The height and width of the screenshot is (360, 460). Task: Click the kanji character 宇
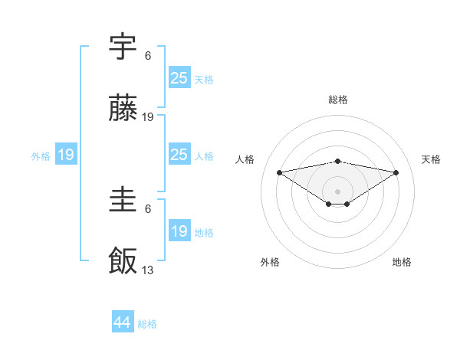pos(123,47)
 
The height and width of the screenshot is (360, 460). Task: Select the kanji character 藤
pos(123,110)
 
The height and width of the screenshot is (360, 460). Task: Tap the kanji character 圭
pos(123,201)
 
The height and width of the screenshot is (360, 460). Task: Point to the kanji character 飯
pos(123,261)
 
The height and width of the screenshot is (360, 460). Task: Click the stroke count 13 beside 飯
pos(148,270)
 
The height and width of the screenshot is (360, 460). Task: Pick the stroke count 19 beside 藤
pos(148,117)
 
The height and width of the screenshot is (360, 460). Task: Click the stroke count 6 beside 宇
pos(148,55)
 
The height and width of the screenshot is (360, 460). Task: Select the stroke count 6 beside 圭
pos(148,208)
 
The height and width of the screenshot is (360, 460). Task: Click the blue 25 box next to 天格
pos(179,78)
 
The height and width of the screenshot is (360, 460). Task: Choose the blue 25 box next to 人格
pos(179,155)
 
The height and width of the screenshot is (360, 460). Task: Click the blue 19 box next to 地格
pos(179,231)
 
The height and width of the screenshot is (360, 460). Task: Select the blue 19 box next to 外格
pos(66,155)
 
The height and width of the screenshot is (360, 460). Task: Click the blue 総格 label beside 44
pos(147,324)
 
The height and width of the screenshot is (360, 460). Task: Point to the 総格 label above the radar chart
pos(337,100)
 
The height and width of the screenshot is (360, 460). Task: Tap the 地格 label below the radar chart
pos(402,262)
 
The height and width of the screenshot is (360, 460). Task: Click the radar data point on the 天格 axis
pos(396,172)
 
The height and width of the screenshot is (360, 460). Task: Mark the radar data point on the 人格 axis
pos(279,172)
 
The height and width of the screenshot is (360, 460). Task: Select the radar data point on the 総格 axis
pos(337,161)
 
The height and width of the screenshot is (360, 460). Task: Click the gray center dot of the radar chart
pos(337,191)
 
